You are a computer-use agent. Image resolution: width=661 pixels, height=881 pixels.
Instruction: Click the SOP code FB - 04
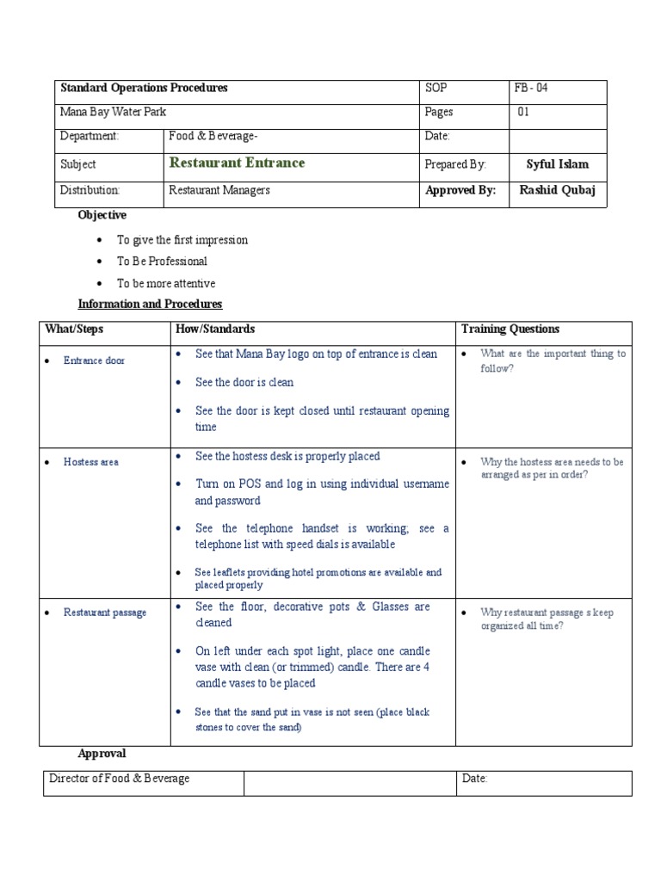point(531,89)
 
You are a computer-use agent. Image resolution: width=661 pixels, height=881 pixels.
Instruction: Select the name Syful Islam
point(557,164)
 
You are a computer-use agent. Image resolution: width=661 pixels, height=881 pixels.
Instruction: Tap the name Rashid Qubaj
point(557,191)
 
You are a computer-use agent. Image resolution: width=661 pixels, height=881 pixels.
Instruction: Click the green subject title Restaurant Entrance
point(237,163)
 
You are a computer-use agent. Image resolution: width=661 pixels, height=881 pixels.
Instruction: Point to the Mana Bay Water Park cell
point(113,112)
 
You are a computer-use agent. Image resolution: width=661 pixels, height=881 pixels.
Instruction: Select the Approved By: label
point(460,191)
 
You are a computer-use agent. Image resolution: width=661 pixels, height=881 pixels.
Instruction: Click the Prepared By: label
point(455,164)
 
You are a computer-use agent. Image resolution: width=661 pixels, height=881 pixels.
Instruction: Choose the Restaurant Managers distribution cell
point(219,191)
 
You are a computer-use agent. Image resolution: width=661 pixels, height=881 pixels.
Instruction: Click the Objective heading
point(102,215)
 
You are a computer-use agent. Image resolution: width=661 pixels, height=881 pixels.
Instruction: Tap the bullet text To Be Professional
point(162,262)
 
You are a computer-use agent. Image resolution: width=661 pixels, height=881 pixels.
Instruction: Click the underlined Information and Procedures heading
point(150,305)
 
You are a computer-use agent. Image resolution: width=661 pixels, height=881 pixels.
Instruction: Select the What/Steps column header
point(74,330)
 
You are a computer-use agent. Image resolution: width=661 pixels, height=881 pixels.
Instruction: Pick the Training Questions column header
point(510,330)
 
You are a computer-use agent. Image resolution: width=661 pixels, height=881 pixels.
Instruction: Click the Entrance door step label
point(95,360)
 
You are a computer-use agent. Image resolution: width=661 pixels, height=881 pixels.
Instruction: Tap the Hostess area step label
point(91,462)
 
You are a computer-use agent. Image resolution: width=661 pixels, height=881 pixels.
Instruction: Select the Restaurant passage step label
point(105,613)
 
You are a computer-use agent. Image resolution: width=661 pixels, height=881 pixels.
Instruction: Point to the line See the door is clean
point(244,383)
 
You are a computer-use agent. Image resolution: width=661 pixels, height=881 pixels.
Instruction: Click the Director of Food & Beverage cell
point(120,779)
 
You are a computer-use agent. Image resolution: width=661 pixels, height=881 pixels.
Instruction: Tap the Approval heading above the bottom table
point(102,754)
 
